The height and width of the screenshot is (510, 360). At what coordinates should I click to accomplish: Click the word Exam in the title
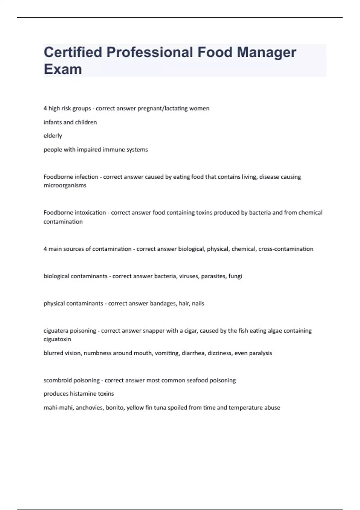coord(63,69)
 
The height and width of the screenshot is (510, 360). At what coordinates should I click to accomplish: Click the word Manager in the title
coord(266,53)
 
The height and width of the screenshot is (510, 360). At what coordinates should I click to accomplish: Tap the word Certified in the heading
coord(73,52)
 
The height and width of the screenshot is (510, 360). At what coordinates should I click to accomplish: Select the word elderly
coord(53,136)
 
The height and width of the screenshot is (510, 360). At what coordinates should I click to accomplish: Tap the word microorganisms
coord(65,185)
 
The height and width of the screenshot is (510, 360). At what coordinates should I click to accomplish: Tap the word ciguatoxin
coord(57,339)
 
